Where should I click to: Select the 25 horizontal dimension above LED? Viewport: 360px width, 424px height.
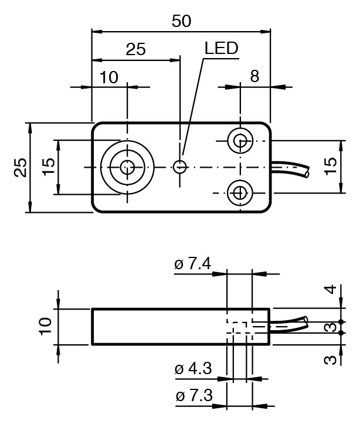(135, 49)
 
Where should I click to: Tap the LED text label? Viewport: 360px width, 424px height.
(222, 48)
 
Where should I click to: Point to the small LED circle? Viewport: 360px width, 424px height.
(181, 167)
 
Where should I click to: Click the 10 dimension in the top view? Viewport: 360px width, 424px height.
(109, 77)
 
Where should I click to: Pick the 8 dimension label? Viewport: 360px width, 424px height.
(254, 76)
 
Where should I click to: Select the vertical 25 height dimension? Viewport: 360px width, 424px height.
(19, 167)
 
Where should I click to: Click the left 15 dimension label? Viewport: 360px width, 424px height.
(49, 168)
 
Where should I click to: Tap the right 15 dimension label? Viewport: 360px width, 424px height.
(331, 167)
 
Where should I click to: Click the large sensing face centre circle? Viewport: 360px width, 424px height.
(127, 167)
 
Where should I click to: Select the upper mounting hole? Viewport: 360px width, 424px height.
(240, 140)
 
